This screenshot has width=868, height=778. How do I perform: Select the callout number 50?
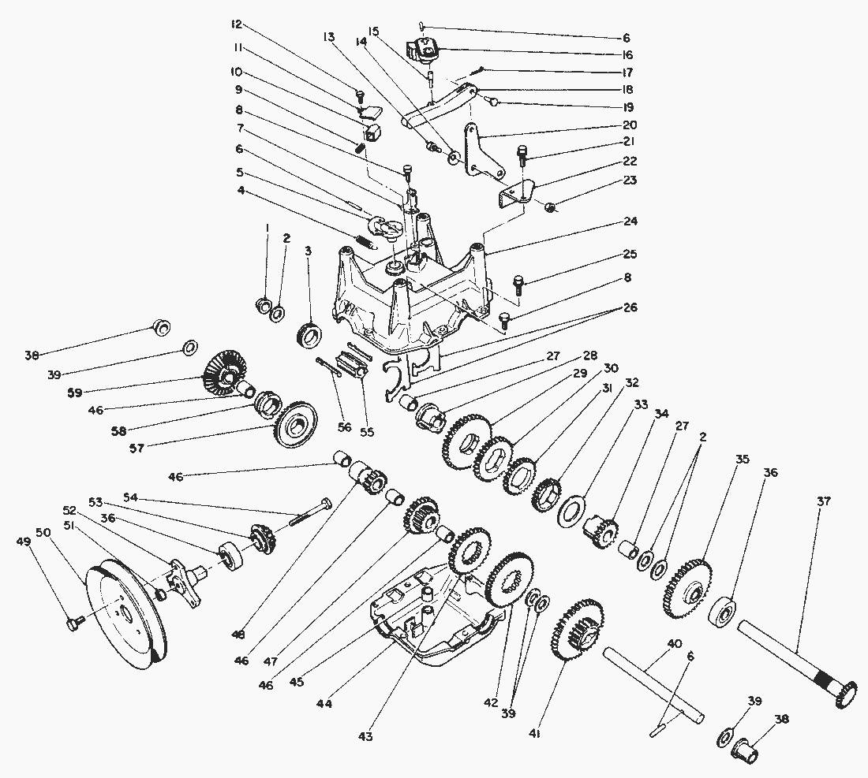click(43, 533)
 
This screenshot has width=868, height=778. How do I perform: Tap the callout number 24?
click(628, 221)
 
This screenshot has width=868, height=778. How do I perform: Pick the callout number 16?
click(627, 55)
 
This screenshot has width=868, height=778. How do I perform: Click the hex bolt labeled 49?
click(76, 624)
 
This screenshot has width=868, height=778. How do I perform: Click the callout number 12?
click(235, 24)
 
